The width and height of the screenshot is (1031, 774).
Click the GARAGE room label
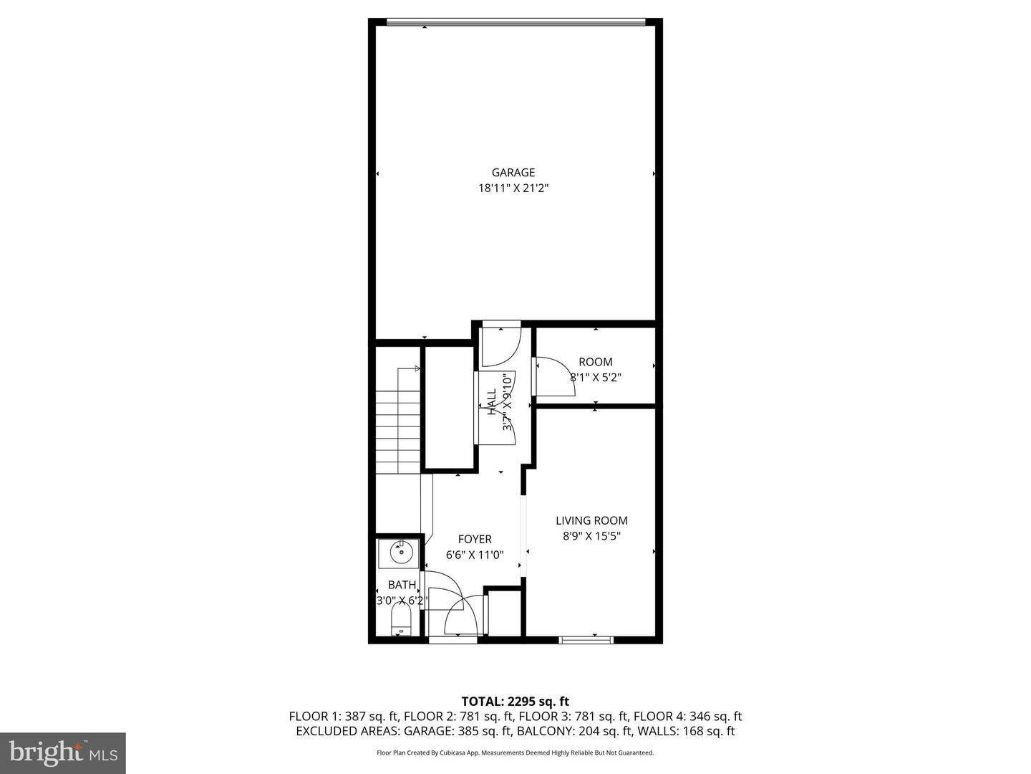pyautogui.click(x=513, y=173)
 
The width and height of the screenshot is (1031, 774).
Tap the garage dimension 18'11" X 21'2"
pyautogui.click(x=513, y=188)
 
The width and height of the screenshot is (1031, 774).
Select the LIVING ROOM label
pyautogui.click(x=591, y=521)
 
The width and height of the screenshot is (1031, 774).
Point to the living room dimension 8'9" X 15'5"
pyautogui.click(x=591, y=536)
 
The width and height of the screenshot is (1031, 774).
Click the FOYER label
pyautogui.click(x=475, y=540)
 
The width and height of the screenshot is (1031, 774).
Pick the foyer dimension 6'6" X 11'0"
pyautogui.click(x=475, y=555)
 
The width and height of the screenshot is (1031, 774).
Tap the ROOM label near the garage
pyautogui.click(x=595, y=362)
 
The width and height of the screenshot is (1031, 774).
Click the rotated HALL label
pyautogui.click(x=492, y=402)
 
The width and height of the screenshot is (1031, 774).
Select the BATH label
pyautogui.click(x=402, y=586)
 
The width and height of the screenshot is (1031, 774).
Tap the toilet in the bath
pyautogui.click(x=400, y=618)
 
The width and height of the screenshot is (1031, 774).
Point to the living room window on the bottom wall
pyautogui.click(x=586, y=639)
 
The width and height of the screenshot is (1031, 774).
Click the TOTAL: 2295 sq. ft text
pyautogui.click(x=515, y=702)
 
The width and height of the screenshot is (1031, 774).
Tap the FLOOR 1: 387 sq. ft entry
pyautogui.click(x=344, y=717)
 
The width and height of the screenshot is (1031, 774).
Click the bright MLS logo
pyautogui.click(x=63, y=752)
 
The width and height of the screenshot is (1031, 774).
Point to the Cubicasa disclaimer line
pyautogui.click(x=515, y=753)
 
